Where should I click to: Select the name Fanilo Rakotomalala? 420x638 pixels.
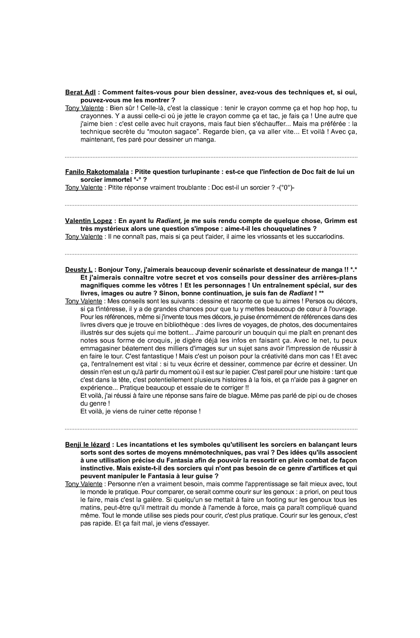[97, 172]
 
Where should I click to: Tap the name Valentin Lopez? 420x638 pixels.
[88, 221]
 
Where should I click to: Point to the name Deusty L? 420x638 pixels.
[79, 270]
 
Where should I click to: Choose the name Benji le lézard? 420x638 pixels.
[87, 445]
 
